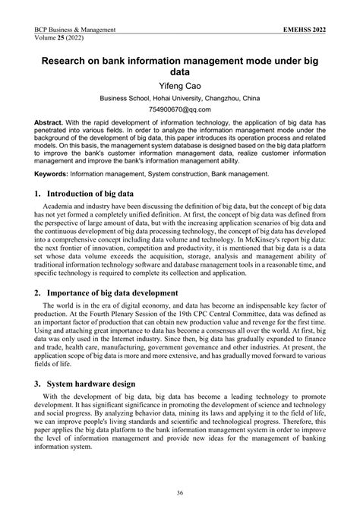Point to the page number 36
point(180,493)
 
